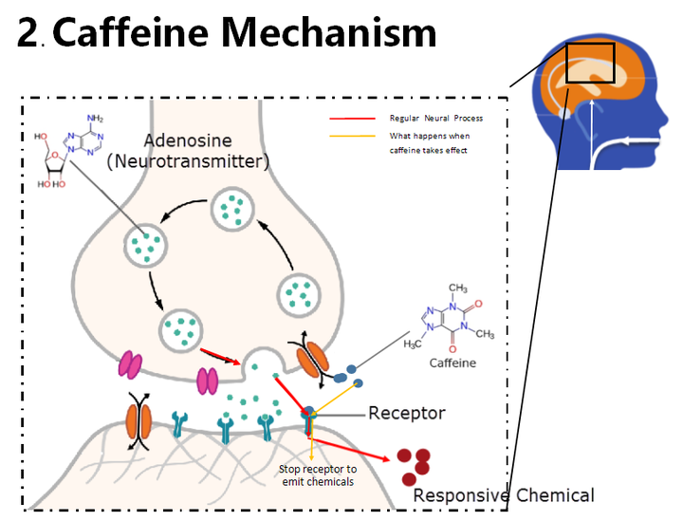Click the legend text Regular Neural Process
point(435,119)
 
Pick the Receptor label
point(406,413)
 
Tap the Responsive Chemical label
point(504,494)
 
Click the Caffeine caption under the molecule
point(452,363)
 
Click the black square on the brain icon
point(590,63)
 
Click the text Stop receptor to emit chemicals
point(317,475)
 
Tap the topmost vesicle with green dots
point(231,207)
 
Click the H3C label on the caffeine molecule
point(413,342)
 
